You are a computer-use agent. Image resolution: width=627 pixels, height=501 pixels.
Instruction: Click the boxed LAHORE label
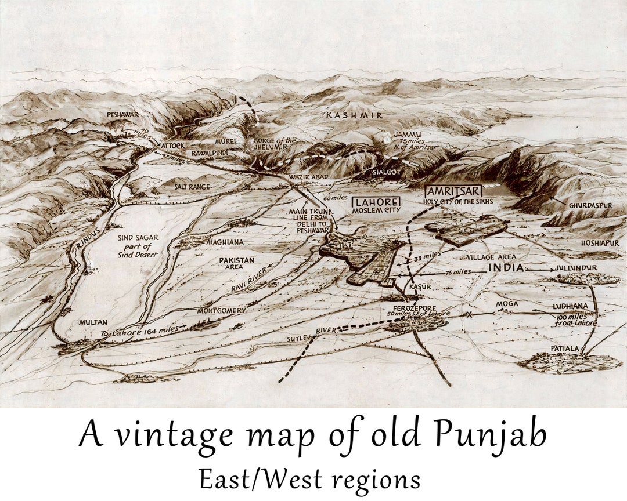(376, 202)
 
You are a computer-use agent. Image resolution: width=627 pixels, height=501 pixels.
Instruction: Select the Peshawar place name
(122, 115)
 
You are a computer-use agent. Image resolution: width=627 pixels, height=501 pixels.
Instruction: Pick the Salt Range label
(192, 187)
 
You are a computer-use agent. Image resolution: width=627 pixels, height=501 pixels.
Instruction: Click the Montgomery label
(221, 310)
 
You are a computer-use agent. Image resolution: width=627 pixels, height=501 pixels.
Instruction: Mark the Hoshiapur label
(599, 243)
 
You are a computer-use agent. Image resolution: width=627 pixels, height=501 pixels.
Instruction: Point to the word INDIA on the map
(506, 267)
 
